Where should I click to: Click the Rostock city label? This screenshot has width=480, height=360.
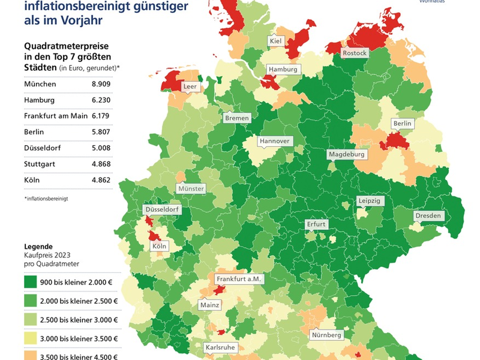[354, 53]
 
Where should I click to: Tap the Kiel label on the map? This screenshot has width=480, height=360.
[276, 41]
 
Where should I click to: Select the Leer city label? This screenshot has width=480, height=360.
[190, 86]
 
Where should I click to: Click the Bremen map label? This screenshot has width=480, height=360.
[237, 118]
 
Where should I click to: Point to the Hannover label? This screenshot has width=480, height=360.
[275, 142]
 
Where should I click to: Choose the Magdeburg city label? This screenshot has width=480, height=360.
[346, 154]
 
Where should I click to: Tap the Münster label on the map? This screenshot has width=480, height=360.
[191, 188]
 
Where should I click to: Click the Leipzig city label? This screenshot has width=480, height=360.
[369, 201]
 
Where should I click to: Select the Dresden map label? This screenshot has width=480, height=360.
[428, 216]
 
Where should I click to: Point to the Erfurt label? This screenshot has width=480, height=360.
[316, 224]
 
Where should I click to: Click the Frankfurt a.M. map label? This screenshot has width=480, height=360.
[240, 279]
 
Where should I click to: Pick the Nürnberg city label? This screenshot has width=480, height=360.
[326, 334]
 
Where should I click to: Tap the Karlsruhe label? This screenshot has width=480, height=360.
[220, 347]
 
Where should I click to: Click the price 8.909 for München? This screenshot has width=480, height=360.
[97, 84]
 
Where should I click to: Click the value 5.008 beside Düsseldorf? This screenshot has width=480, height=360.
[97, 148]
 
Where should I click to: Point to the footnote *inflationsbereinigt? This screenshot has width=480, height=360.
[46, 198]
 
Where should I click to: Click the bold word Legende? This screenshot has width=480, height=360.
[38, 247]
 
